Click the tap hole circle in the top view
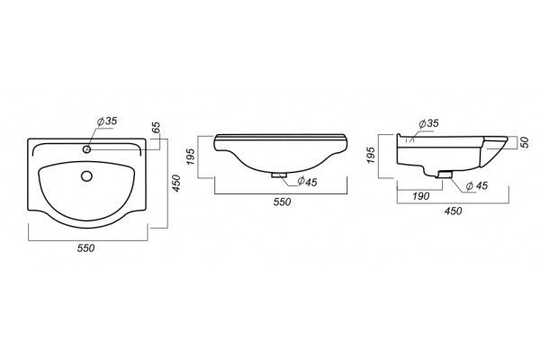[x=86, y=149]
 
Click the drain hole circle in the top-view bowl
[x=86, y=176]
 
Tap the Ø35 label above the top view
[x=107, y=121]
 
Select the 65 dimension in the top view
[x=157, y=128]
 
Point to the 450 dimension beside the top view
[x=176, y=184]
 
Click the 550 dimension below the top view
[x=85, y=247]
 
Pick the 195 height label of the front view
[x=192, y=156]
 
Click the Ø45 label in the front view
[x=307, y=181]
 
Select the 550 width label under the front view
[x=282, y=202]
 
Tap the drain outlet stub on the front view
[x=279, y=175]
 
